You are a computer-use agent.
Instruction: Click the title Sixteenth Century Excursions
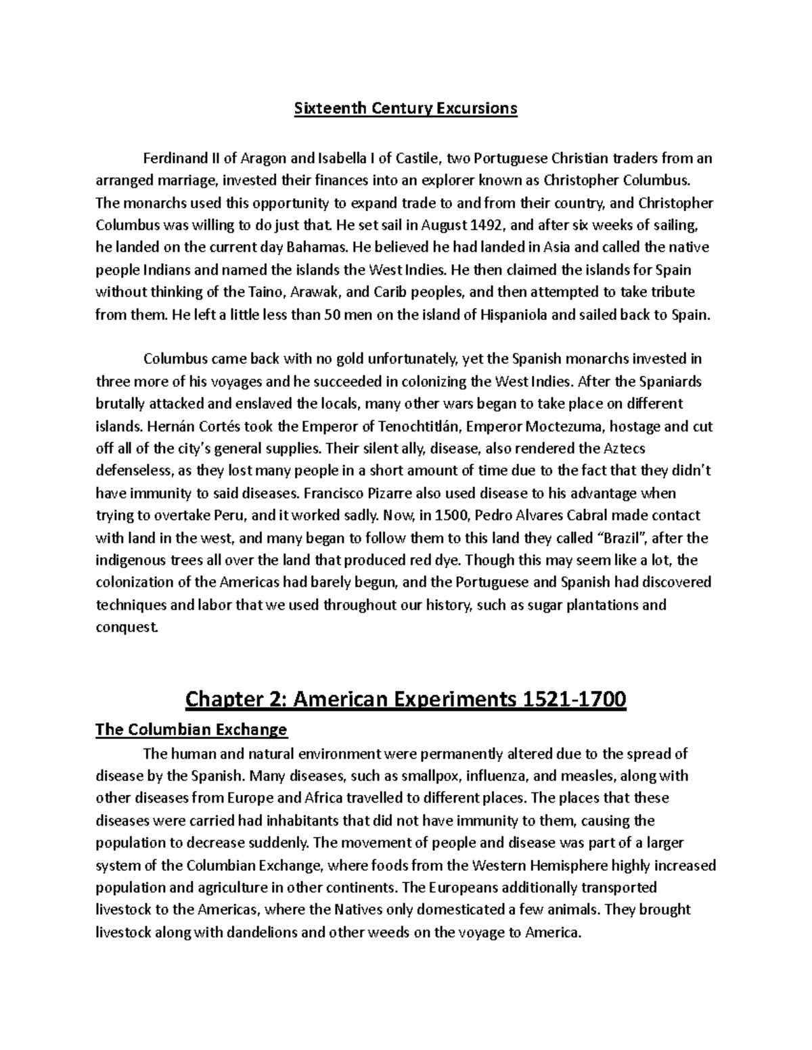coord(405,108)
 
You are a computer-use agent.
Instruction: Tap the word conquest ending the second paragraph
coord(127,627)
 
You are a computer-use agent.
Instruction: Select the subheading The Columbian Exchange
coord(191,730)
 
